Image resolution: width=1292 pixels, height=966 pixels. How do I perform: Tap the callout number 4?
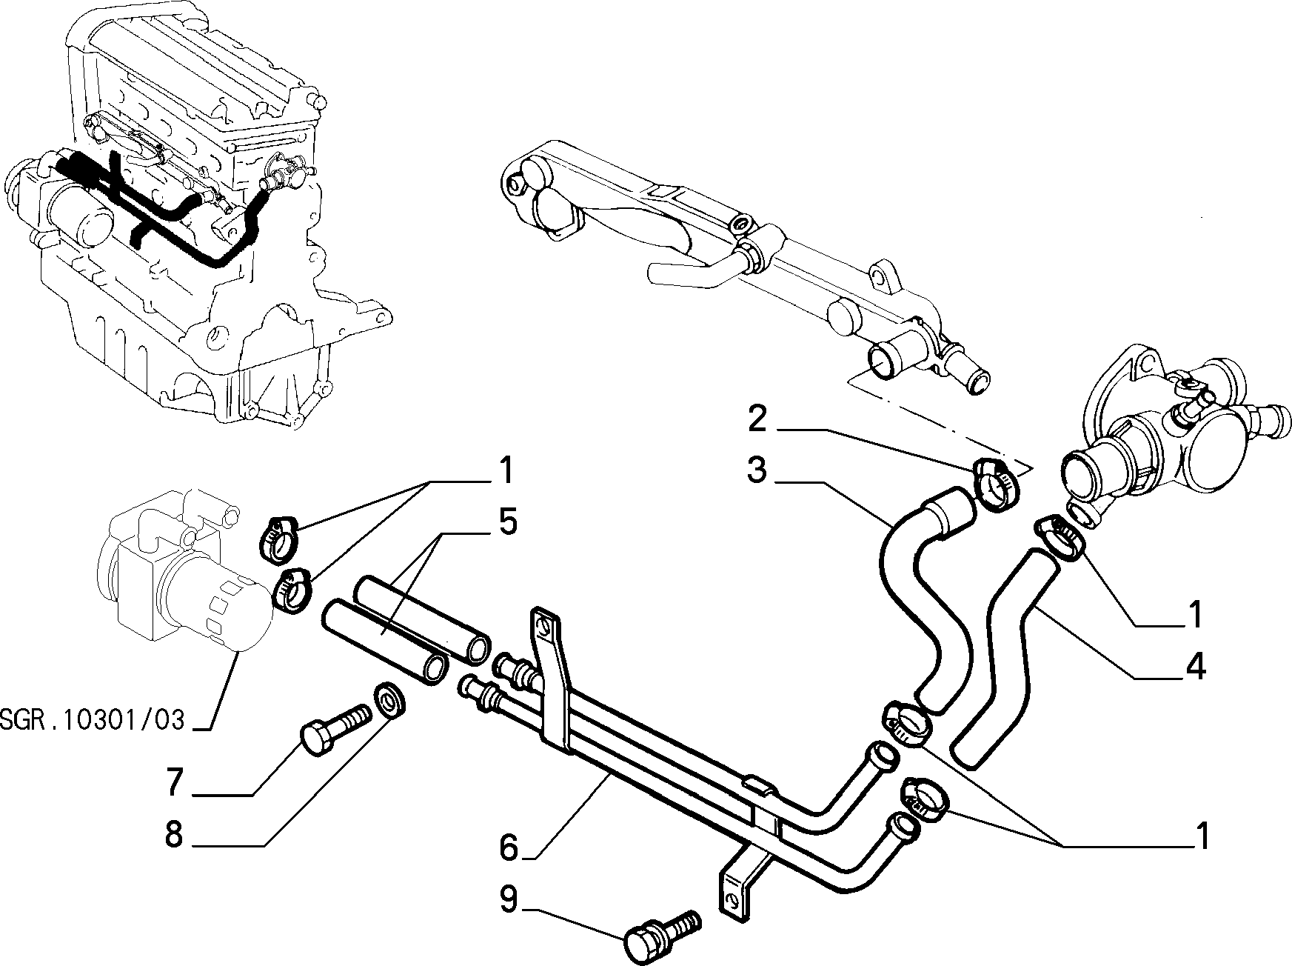(x=1194, y=668)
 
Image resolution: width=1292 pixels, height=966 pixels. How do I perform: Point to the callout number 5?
(x=507, y=523)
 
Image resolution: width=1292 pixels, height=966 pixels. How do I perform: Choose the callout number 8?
(x=174, y=836)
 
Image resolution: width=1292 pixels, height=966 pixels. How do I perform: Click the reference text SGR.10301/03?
(x=92, y=720)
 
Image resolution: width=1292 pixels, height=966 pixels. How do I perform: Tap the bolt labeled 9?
(x=661, y=935)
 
